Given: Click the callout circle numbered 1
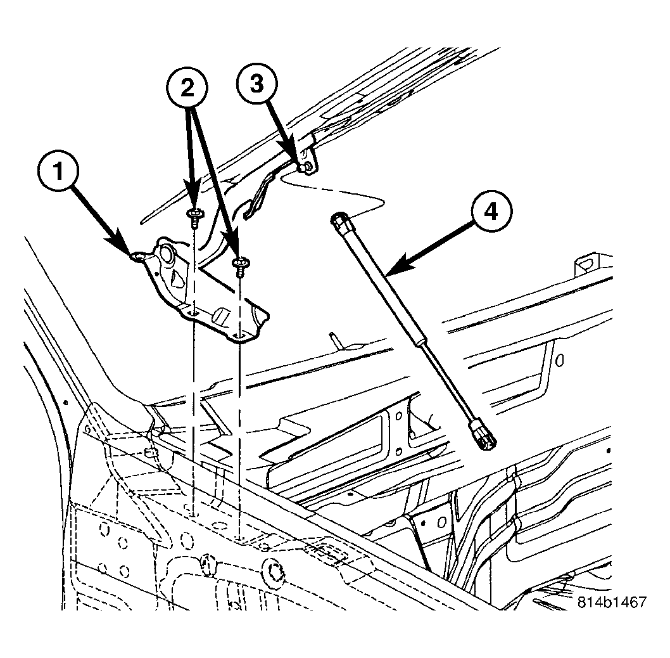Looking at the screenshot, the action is (x=58, y=172).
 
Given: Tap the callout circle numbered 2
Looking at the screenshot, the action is (x=187, y=89).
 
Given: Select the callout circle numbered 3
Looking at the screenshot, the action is (x=257, y=84).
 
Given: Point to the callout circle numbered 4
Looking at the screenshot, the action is (x=491, y=211).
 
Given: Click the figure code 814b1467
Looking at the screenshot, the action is (x=612, y=602).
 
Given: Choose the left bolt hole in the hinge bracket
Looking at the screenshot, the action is (x=193, y=314).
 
